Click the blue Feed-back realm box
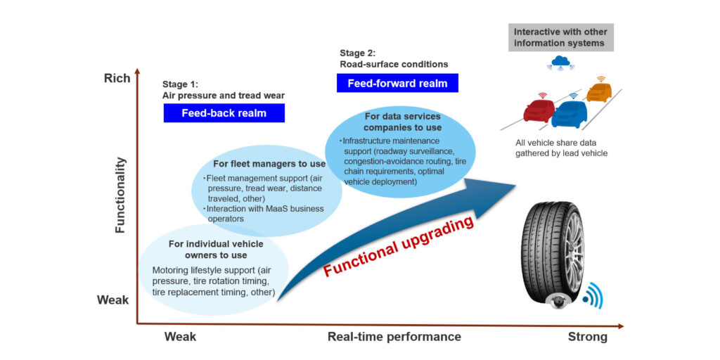[x=224, y=113]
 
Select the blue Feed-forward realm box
[x=397, y=83]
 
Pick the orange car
[x=599, y=91]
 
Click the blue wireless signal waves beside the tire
[x=593, y=296]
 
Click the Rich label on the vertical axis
[x=117, y=78]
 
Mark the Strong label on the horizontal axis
[x=587, y=337]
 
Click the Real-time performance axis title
[x=394, y=337]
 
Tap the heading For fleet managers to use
[x=266, y=164]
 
